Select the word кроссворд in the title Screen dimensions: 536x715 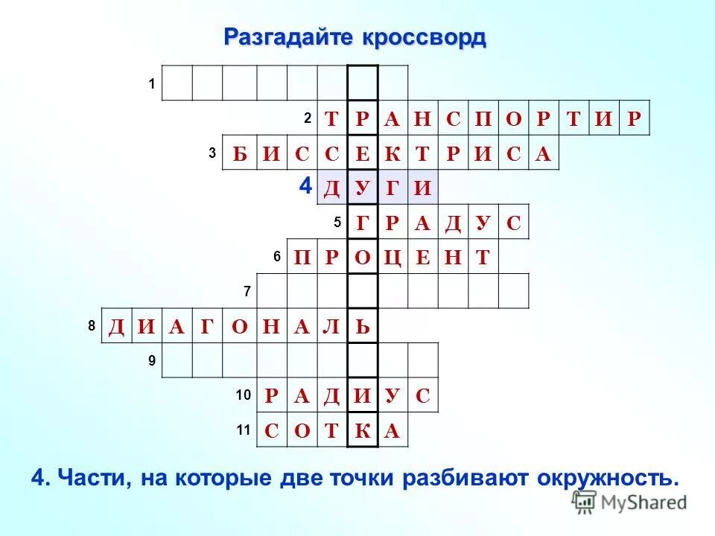(425, 36)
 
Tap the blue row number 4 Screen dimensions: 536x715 (305, 186)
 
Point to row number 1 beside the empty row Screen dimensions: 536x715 (151, 84)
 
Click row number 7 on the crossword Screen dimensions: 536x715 (247, 291)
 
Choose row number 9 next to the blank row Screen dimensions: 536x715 (151, 360)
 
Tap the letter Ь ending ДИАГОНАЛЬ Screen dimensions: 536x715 (363, 327)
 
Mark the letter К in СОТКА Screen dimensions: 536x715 (363, 430)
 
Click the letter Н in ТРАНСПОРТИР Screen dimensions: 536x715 (422, 118)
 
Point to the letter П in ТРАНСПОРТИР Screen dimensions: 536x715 (483, 118)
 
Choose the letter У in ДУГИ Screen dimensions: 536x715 (363, 188)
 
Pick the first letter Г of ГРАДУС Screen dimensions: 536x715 (363, 223)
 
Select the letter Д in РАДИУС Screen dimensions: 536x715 (331, 395)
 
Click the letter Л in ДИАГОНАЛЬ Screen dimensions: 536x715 (331, 327)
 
